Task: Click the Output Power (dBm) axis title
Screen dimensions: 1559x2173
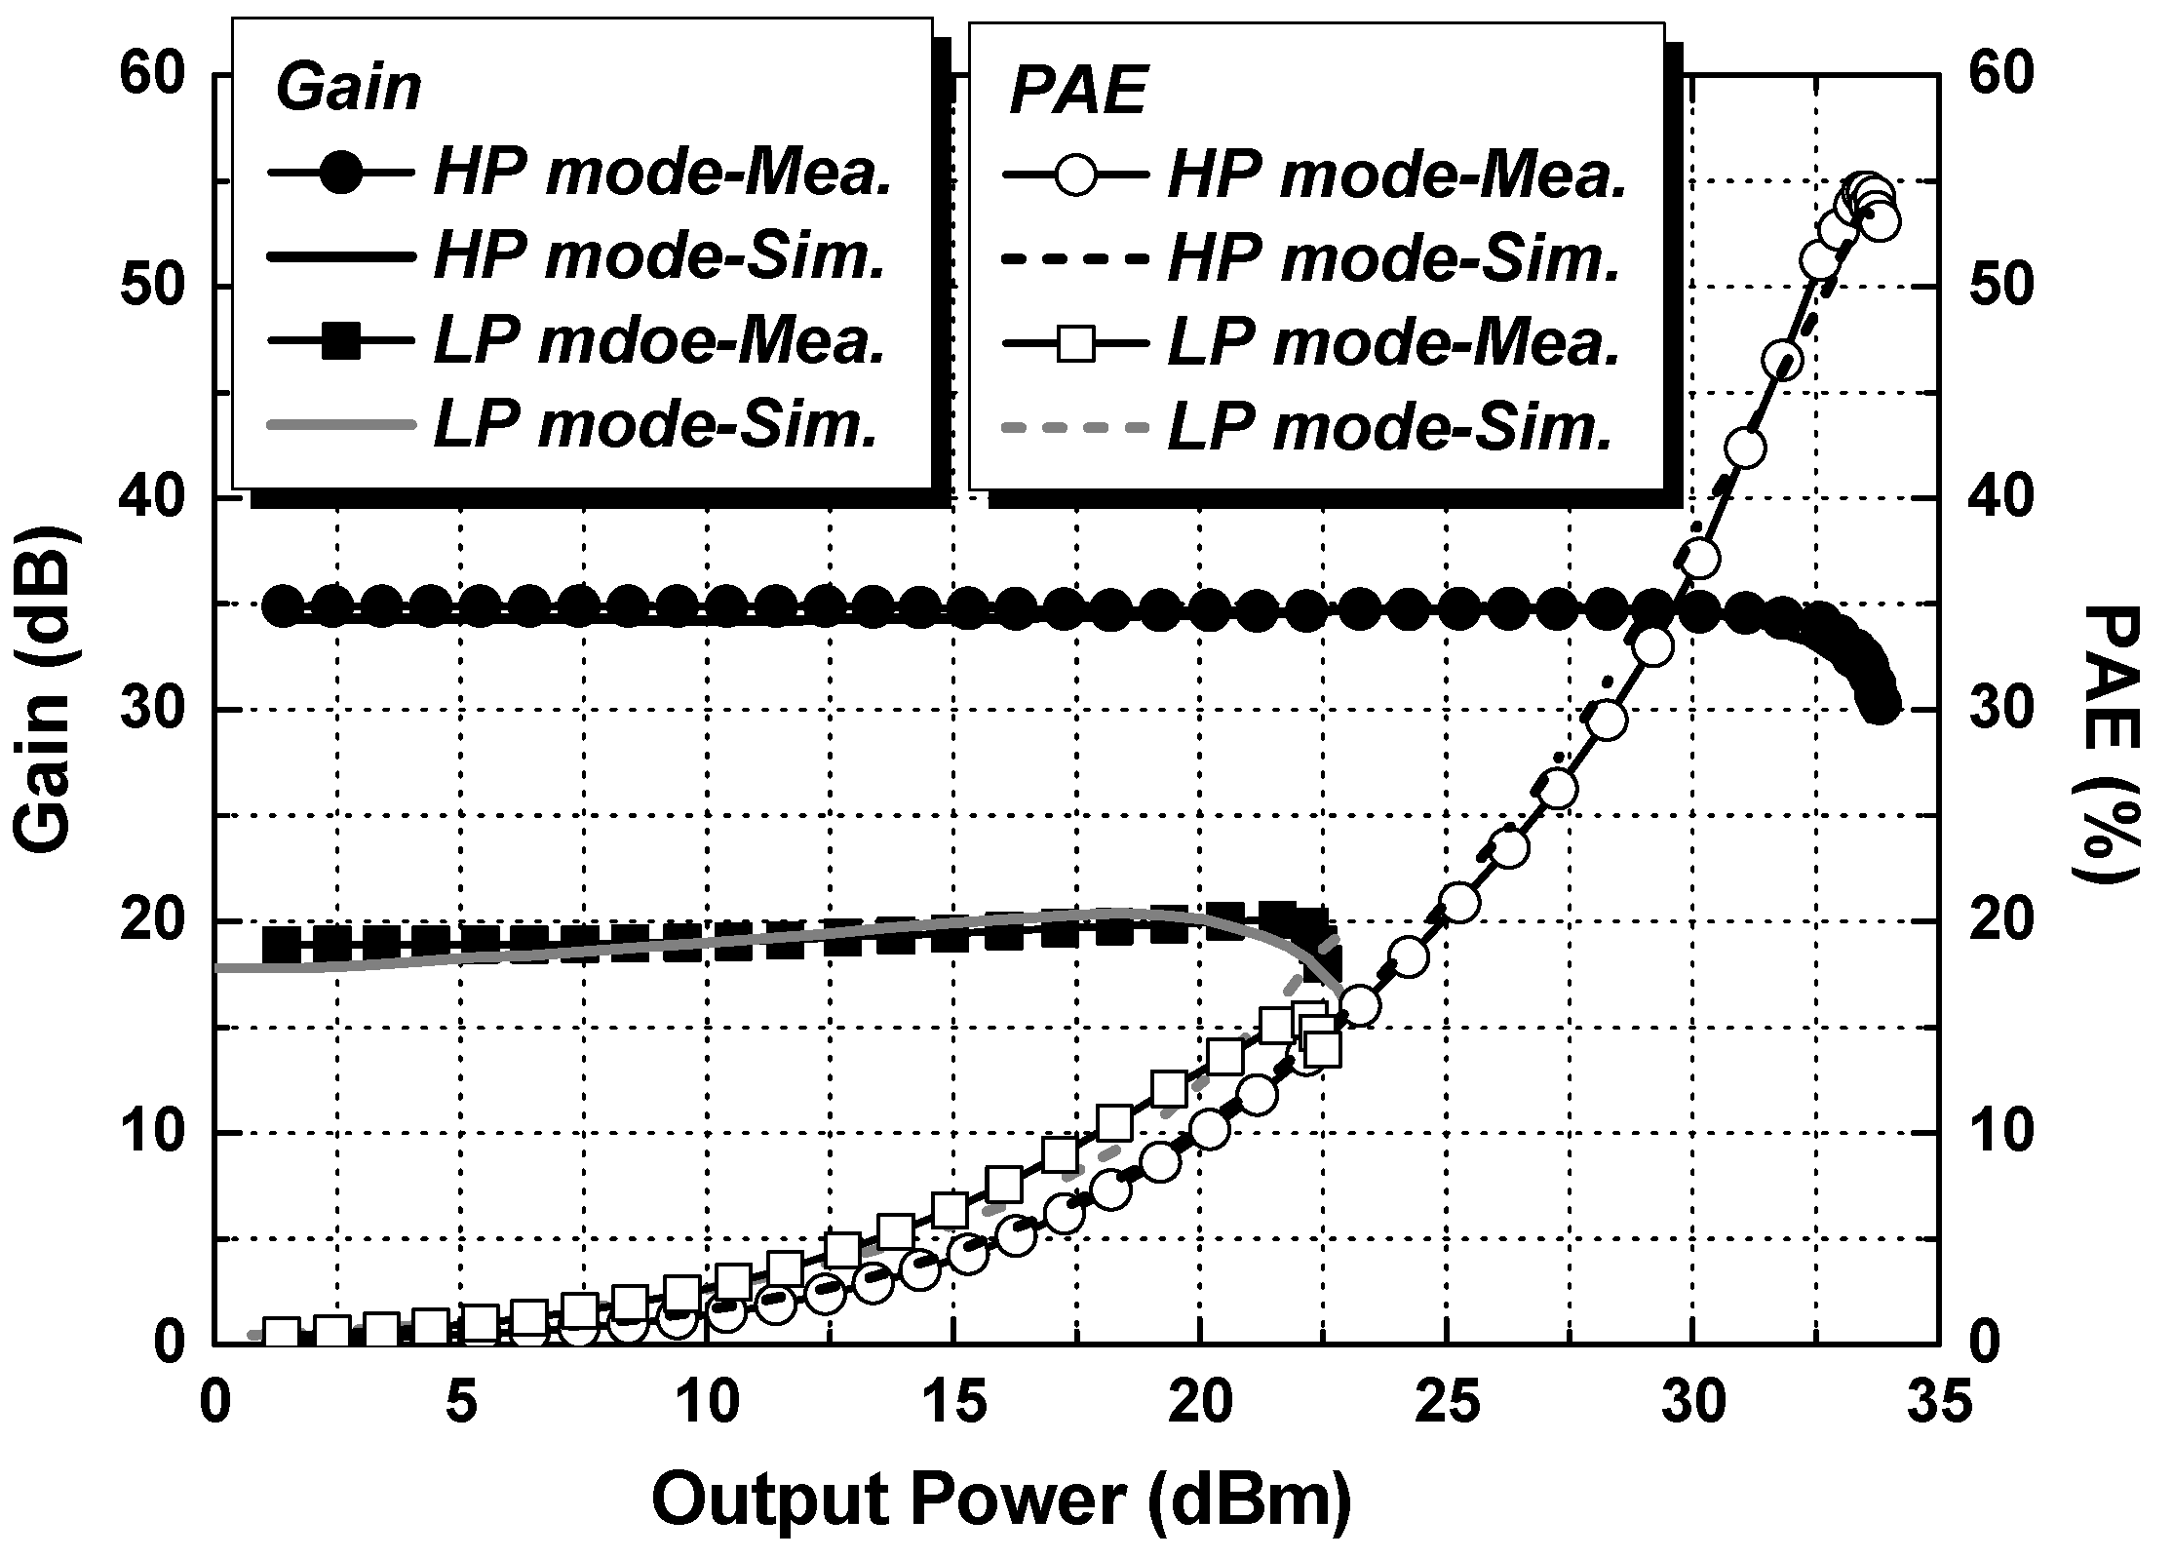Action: (x=1001, y=1500)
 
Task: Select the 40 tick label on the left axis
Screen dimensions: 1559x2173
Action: (x=156, y=498)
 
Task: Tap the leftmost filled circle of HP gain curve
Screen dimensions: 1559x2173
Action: (x=284, y=606)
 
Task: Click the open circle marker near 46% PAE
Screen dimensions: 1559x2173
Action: (x=1782, y=361)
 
